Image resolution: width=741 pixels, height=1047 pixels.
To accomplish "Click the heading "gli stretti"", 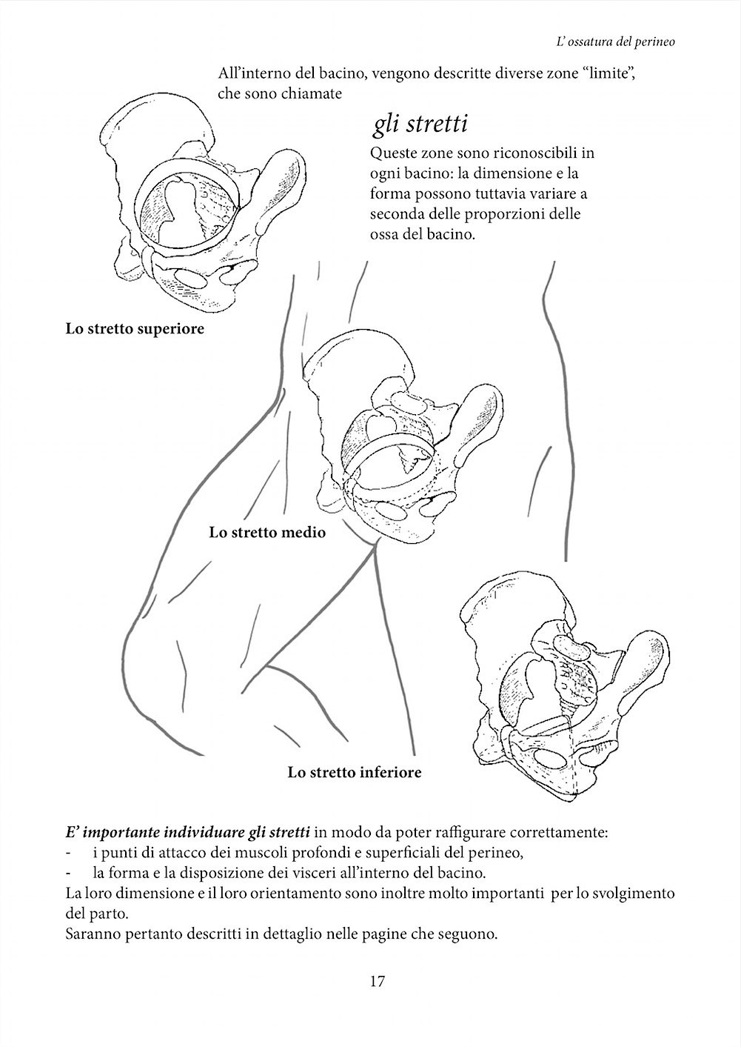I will (419, 124).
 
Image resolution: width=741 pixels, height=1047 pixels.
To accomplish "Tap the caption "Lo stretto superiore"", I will (135, 328).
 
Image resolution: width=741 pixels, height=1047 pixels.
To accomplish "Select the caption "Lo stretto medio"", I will (267, 532).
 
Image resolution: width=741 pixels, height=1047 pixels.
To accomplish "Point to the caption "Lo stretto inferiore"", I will (355, 772).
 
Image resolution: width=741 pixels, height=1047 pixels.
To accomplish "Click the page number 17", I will (376, 982).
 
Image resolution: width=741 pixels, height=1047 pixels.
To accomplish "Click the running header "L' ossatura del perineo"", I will (615, 42).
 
